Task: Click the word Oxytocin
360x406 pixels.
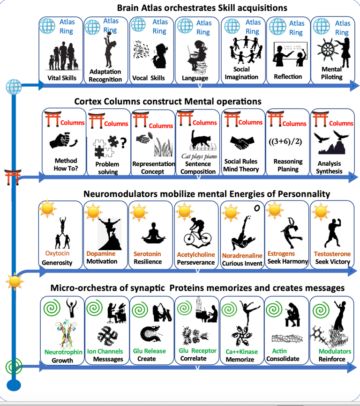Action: tap(58, 253)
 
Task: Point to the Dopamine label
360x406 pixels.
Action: tap(101, 253)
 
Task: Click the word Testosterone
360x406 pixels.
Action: tap(332, 254)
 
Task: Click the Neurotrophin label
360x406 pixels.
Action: tap(63, 352)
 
